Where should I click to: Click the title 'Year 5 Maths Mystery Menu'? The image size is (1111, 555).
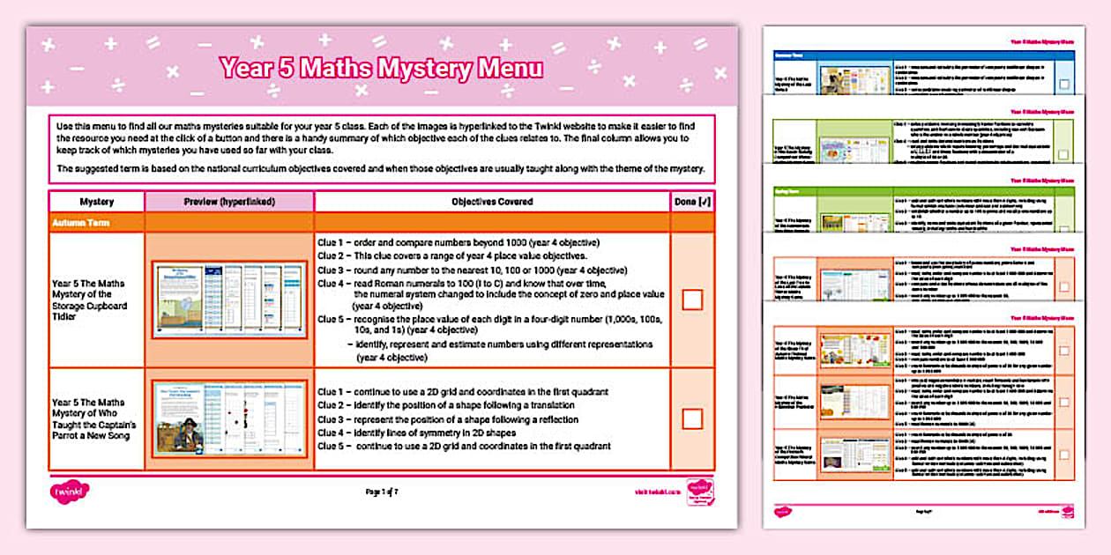pos(381,68)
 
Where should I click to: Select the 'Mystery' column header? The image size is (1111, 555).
pos(96,202)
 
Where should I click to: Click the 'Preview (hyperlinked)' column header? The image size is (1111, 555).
pos(229,202)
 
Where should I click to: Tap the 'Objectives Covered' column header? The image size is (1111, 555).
pos(491,202)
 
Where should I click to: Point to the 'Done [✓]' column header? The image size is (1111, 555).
pos(692,202)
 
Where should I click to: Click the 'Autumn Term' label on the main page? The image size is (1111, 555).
pos(83,223)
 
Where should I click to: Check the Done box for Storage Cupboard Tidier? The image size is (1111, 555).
pos(692,300)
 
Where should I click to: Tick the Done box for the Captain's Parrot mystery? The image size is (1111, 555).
pos(692,418)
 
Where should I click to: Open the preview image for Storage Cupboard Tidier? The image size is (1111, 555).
pos(229,300)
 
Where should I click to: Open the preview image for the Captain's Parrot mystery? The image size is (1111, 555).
pos(229,419)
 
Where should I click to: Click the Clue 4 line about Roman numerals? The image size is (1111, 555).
pos(489,284)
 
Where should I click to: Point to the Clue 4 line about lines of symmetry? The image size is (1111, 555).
pos(429,433)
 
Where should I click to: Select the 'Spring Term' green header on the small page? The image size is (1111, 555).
pos(789,189)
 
